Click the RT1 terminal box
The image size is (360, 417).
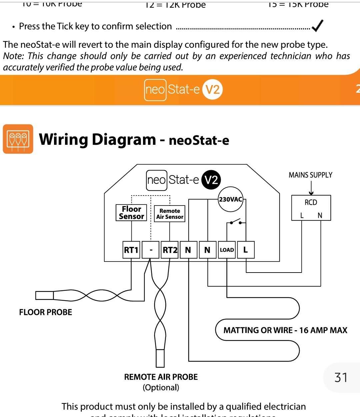[131, 250]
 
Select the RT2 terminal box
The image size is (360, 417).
[170, 250]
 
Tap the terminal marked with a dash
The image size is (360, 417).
[151, 250]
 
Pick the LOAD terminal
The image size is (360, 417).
[227, 250]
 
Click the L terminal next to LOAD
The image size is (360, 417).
[246, 250]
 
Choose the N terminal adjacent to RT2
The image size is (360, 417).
[188, 250]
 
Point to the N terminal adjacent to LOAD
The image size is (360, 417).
[207, 250]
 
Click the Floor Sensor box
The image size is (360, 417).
[131, 213]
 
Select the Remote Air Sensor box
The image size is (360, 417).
[170, 214]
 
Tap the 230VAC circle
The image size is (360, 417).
[230, 199]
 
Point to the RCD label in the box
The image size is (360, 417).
[311, 202]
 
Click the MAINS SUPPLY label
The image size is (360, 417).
[310, 175]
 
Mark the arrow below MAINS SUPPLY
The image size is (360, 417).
[311, 188]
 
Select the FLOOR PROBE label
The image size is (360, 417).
[46, 312]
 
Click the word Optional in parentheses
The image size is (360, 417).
[161, 388]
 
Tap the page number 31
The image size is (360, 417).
[341, 378]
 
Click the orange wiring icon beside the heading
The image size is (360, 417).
[18, 139]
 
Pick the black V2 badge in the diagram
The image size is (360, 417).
[211, 180]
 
